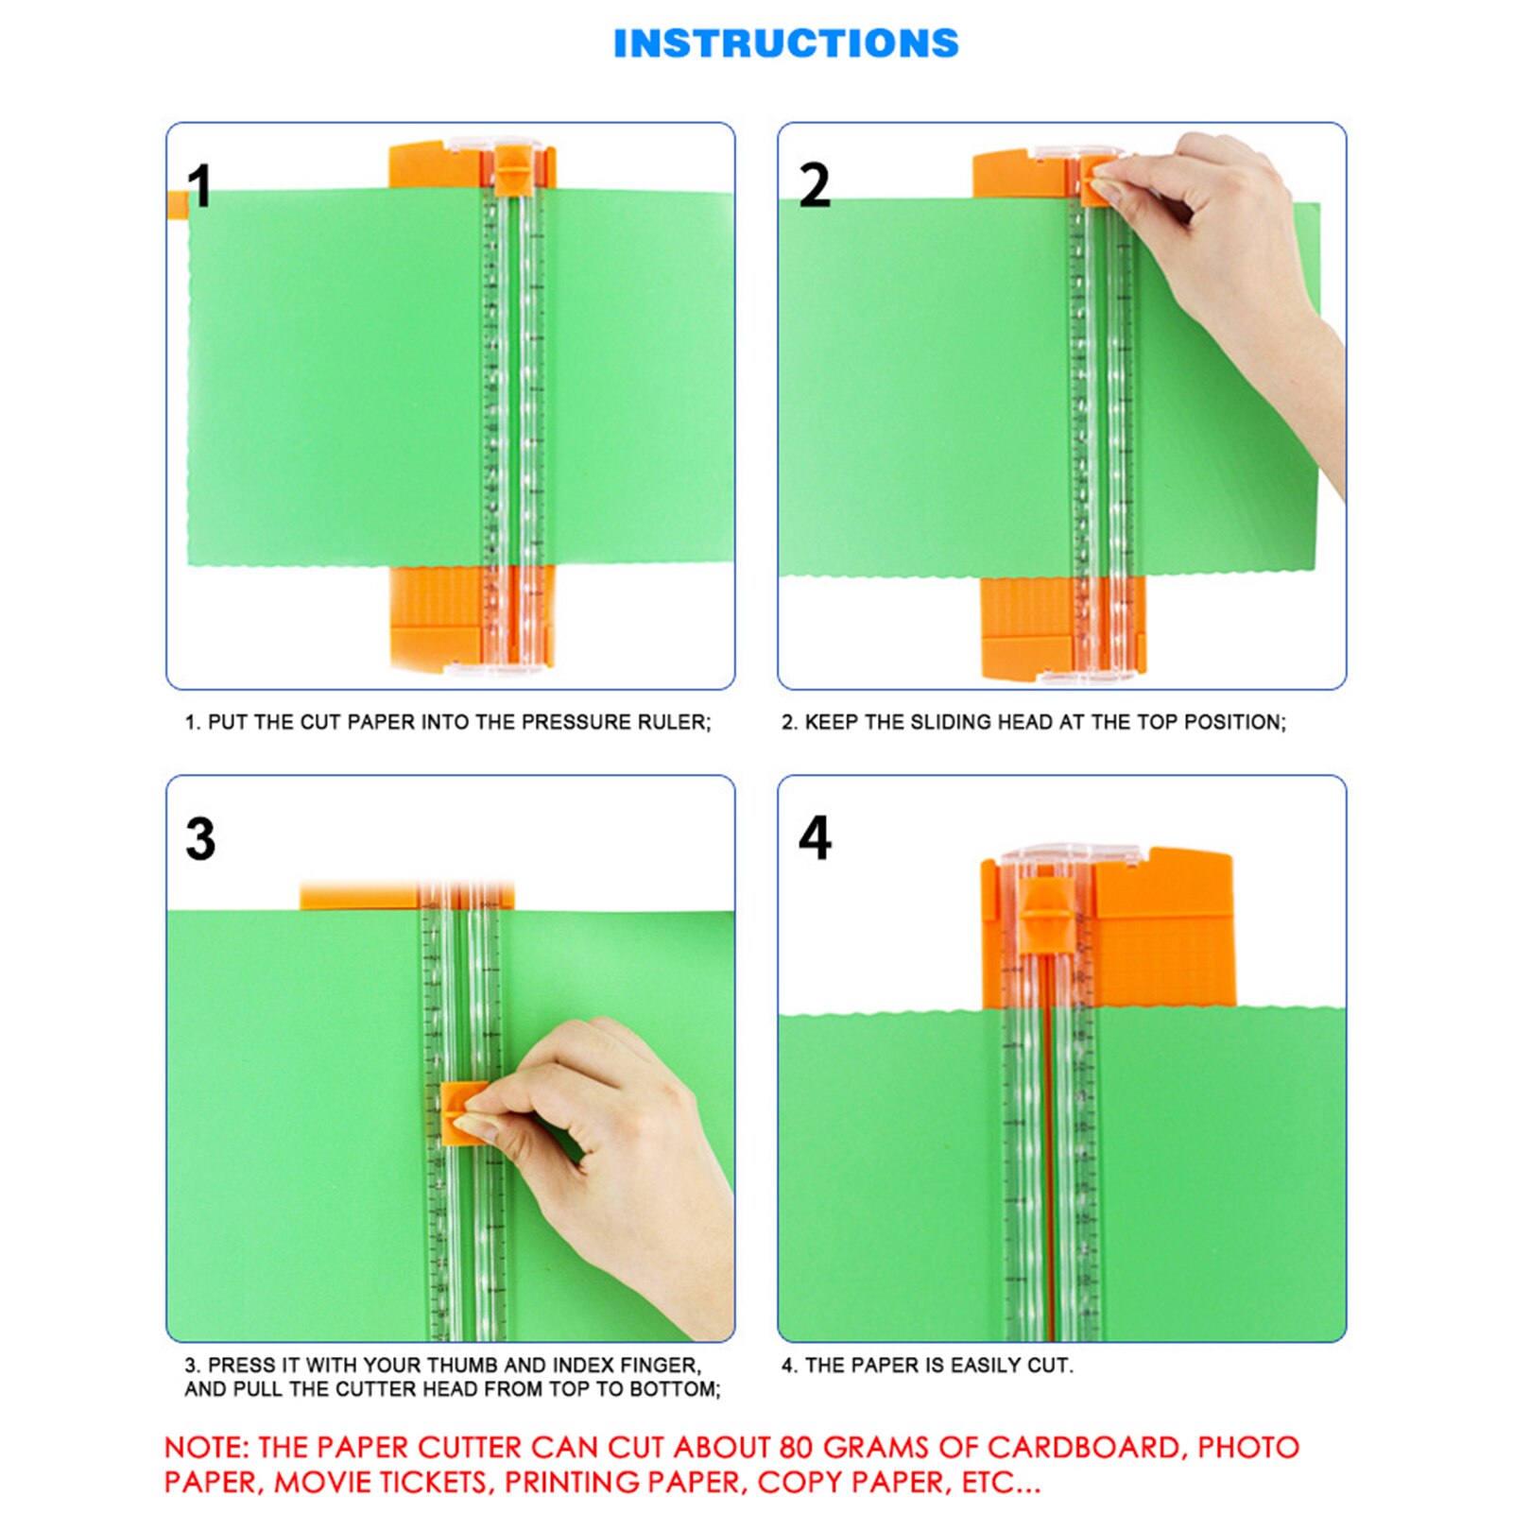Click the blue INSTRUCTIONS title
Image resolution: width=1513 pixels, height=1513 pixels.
pos(785,43)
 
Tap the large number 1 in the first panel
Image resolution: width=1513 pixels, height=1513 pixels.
pos(199,185)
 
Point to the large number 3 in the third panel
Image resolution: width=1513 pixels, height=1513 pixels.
pos(200,838)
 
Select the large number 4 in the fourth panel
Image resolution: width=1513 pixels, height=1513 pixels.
pos(815,837)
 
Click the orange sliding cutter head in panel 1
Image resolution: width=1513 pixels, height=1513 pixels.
pos(511,170)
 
